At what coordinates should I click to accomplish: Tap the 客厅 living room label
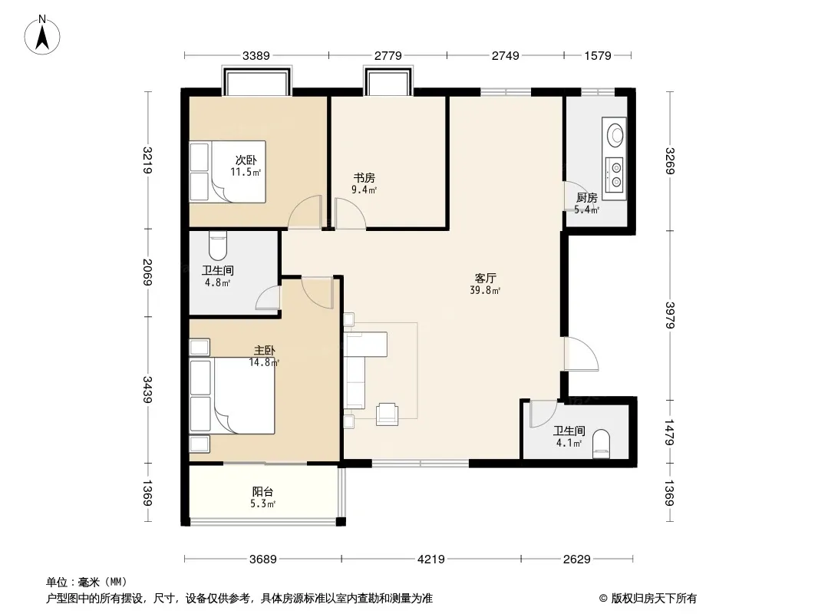(x=485, y=278)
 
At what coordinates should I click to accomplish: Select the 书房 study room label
(x=364, y=178)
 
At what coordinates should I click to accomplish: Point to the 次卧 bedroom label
(x=246, y=160)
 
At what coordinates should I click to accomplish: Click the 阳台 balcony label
(x=262, y=491)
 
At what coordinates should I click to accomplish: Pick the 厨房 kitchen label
(x=587, y=198)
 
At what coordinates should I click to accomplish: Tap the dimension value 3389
(x=256, y=55)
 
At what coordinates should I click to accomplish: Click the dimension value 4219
(x=431, y=560)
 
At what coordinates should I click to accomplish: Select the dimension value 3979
(x=670, y=315)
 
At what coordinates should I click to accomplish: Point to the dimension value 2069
(x=147, y=272)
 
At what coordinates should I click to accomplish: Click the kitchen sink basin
(x=615, y=134)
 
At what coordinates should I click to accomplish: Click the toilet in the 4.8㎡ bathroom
(x=217, y=246)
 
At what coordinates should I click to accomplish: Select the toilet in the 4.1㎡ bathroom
(x=602, y=444)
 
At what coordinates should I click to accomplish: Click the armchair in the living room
(x=387, y=413)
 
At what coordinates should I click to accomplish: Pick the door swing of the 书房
(x=350, y=213)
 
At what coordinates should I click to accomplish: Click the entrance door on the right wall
(x=581, y=355)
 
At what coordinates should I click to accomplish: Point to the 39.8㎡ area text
(x=485, y=291)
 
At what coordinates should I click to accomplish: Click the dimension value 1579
(x=597, y=55)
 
